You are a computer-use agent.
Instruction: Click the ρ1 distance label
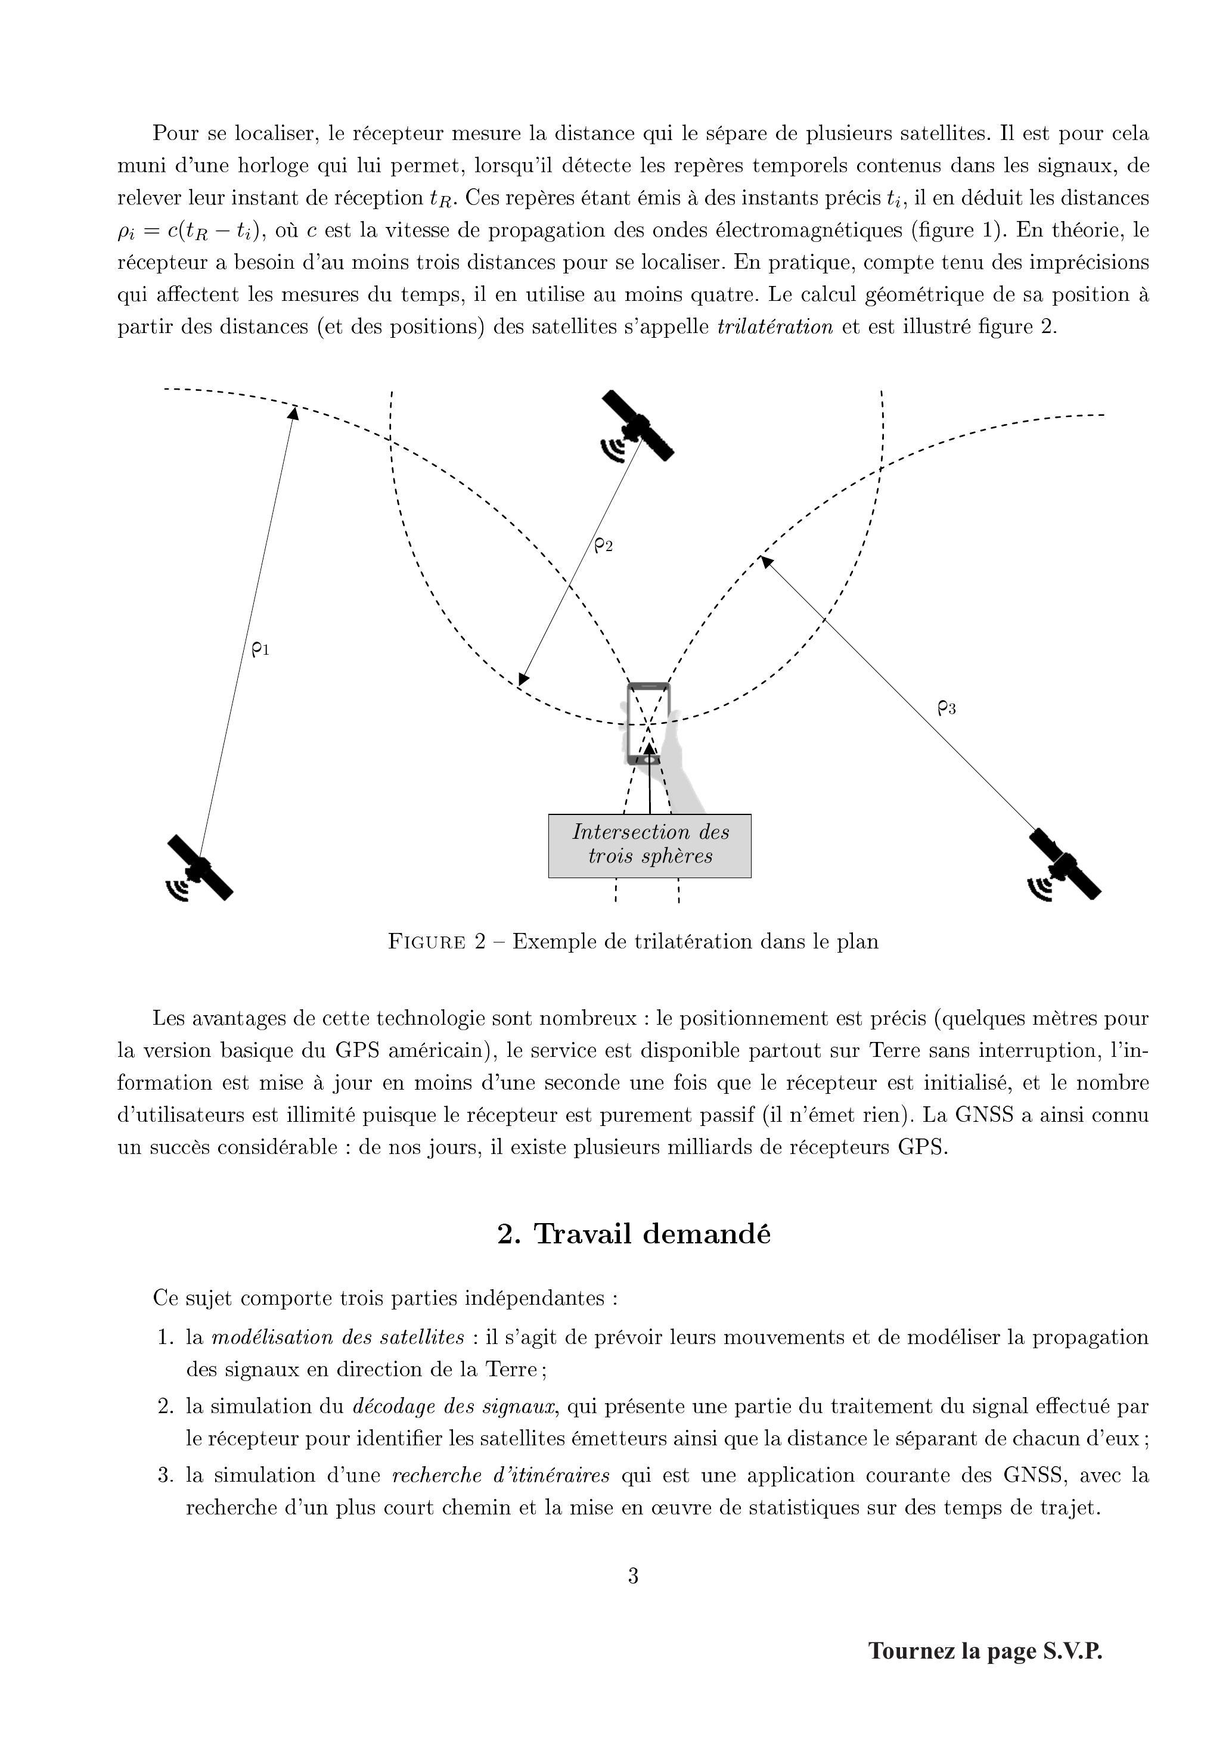coord(260,649)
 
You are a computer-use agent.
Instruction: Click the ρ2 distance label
coord(603,545)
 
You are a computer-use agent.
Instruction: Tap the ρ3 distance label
coord(947,708)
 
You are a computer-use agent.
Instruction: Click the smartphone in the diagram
coord(648,724)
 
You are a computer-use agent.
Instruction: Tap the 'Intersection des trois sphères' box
coord(650,845)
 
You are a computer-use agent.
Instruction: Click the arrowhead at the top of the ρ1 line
coord(293,412)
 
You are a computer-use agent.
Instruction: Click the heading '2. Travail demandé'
coord(634,1234)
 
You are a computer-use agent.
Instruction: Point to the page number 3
coord(633,1576)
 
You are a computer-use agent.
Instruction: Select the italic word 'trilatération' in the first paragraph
coord(774,327)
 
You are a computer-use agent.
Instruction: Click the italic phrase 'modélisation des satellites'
coord(337,1337)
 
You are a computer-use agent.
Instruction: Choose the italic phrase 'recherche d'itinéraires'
coord(501,1475)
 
